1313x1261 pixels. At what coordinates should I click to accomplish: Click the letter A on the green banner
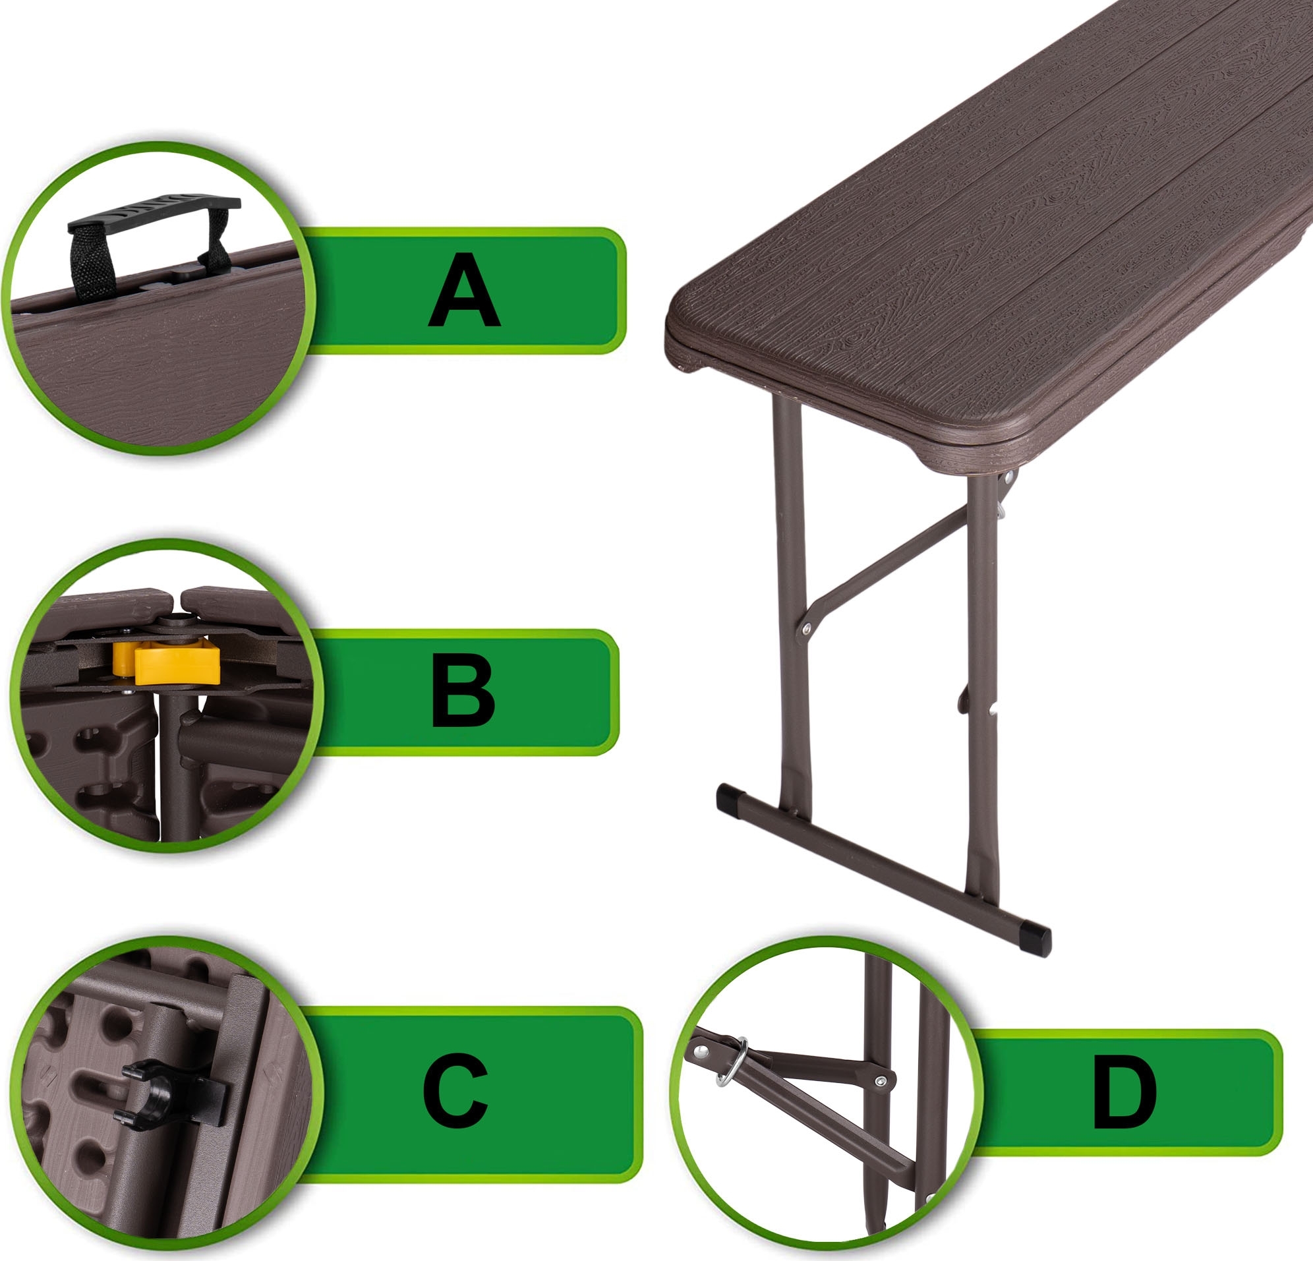pos(463,290)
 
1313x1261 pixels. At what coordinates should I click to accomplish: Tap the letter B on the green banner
pos(463,691)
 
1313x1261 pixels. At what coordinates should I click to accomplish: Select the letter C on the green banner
pos(455,1090)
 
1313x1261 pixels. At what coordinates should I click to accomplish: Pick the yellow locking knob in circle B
pos(167,662)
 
